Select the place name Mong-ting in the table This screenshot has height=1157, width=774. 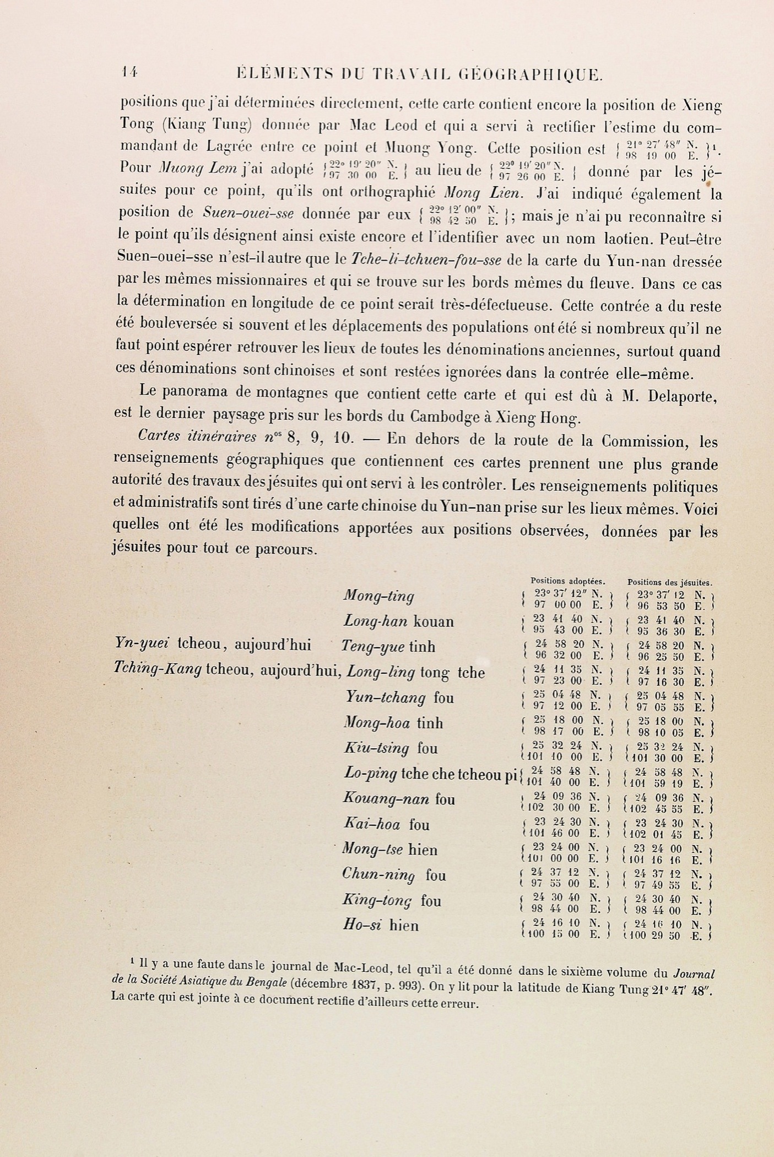(x=378, y=596)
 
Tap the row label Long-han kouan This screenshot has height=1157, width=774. (x=399, y=621)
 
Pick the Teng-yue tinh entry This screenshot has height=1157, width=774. (x=388, y=647)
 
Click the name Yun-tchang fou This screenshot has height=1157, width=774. (x=399, y=698)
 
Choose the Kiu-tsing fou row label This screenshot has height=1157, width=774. (x=391, y=748)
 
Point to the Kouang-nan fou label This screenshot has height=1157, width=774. (x=399, y=799)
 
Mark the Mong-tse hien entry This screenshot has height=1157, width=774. (x=389, y=850)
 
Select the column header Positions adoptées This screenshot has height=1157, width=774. (x=568, y=581)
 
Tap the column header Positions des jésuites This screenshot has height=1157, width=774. (x=669, y=582)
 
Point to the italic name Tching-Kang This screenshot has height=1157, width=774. (x=156, y=669)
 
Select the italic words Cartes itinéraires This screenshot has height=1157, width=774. (x=198, y=437)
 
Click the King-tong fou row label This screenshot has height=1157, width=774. (x=391, y=900)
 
